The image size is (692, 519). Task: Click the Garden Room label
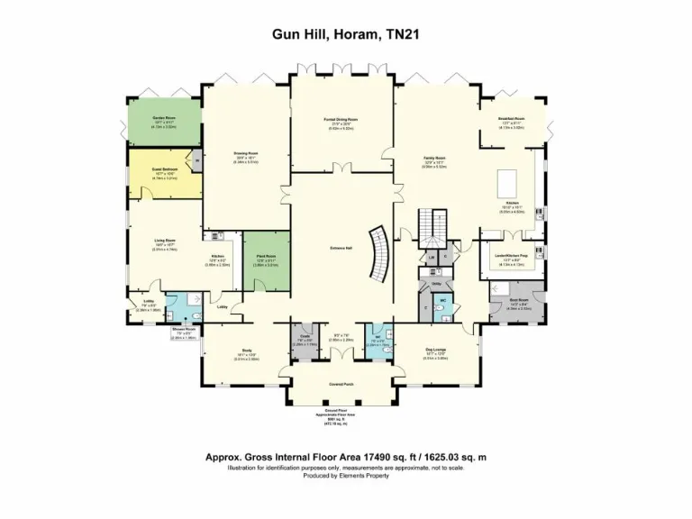tap(163, 119)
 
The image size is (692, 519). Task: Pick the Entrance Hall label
tap(341, 248)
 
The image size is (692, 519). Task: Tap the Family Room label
tap(435, 159)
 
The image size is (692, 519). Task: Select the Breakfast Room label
tap(511, 119)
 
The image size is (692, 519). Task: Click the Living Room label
tap(164, 241)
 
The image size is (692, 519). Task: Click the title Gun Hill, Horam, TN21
tap(346, 35)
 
